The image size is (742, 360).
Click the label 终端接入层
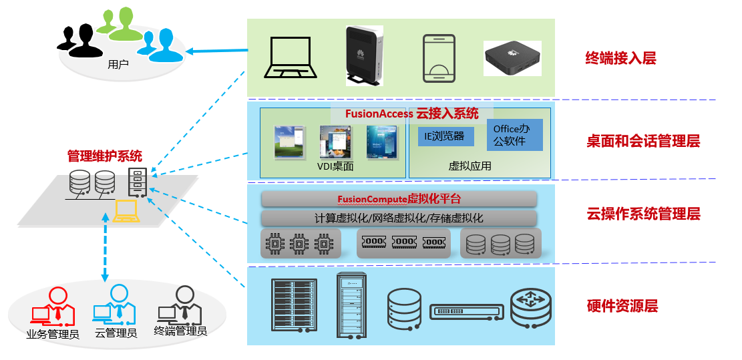(620, 59)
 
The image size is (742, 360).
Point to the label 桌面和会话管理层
(642, 141)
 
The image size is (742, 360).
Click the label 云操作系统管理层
(642, 214)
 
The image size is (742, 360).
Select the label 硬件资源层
(622, 307)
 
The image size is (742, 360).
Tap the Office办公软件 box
(514, 134)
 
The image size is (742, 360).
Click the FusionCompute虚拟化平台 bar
(399, 199)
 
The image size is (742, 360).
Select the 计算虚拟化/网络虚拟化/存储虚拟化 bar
(399, 218)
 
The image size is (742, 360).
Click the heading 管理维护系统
(105, 156)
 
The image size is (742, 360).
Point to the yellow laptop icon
(126, 210)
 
